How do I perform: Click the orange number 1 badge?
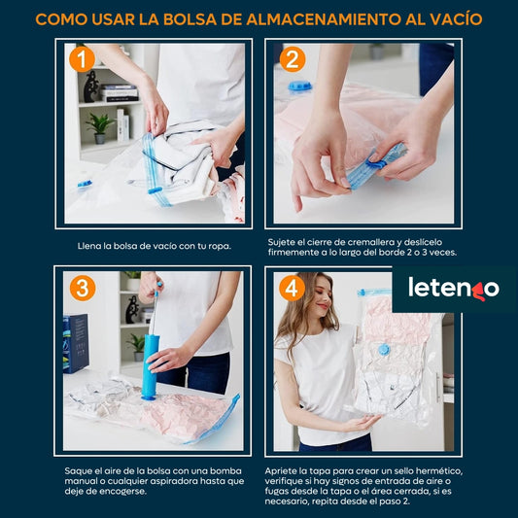tap(82, 59)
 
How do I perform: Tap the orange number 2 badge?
tap(293, 59)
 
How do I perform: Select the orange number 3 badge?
tap(83, 288)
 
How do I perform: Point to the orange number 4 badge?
tap(292, 288)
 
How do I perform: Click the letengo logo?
tap(454, 289)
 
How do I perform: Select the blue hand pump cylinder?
tap(151, 366)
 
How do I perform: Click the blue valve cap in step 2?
tap(300, 86)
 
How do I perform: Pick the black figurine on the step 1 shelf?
tap(90, 86)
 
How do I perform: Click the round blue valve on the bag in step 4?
tap(384, 349)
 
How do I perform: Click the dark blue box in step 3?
tap(76, 344)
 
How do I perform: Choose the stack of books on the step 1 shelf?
tap(120, 93)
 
